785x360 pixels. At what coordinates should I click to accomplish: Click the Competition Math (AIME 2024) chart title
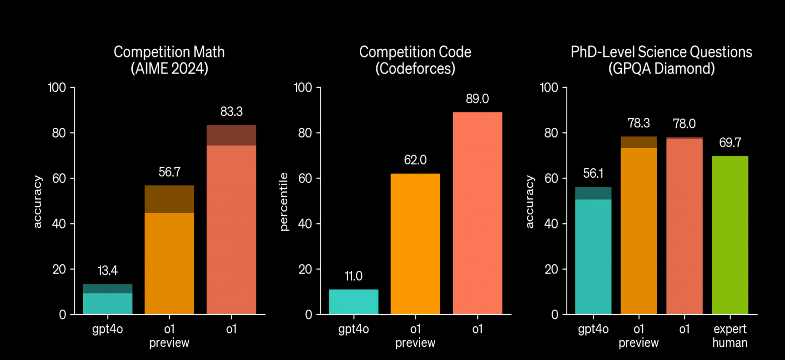[x=169, y=60]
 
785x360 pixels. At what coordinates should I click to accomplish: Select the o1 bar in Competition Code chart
[x=478, y=213]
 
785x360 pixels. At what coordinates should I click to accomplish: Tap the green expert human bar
[x=730, y=235]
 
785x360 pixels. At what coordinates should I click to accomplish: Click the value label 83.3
[x=231, y=111]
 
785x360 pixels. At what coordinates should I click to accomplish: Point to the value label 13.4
[x=108, y=270]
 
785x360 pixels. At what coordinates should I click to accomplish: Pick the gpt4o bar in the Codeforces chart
[x=354, y=302]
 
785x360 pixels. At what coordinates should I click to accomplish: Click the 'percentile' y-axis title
[x=284, y=202]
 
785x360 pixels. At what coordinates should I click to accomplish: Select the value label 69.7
[x=730, y=142]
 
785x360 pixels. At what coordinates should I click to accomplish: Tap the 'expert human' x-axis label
[x=730, y=335]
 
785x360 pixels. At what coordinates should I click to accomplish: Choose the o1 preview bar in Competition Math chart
[x=169, y=250]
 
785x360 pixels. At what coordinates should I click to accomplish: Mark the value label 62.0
[x=415, y=160]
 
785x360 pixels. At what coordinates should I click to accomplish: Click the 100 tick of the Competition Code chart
[x=303, y=87]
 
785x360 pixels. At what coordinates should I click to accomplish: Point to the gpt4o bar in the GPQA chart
[x=593, y=251]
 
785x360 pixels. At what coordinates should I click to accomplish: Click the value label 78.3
[x=639, y=123]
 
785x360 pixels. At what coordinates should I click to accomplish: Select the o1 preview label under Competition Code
[x=415, y=335]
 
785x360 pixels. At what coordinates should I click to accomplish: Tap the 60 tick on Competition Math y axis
[x=59, y=178]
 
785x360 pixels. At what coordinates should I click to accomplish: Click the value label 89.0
[x=478, y=99]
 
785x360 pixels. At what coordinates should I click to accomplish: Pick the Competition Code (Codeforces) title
[x=415, y=60]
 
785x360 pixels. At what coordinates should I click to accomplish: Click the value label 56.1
[x=593, y=173]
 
